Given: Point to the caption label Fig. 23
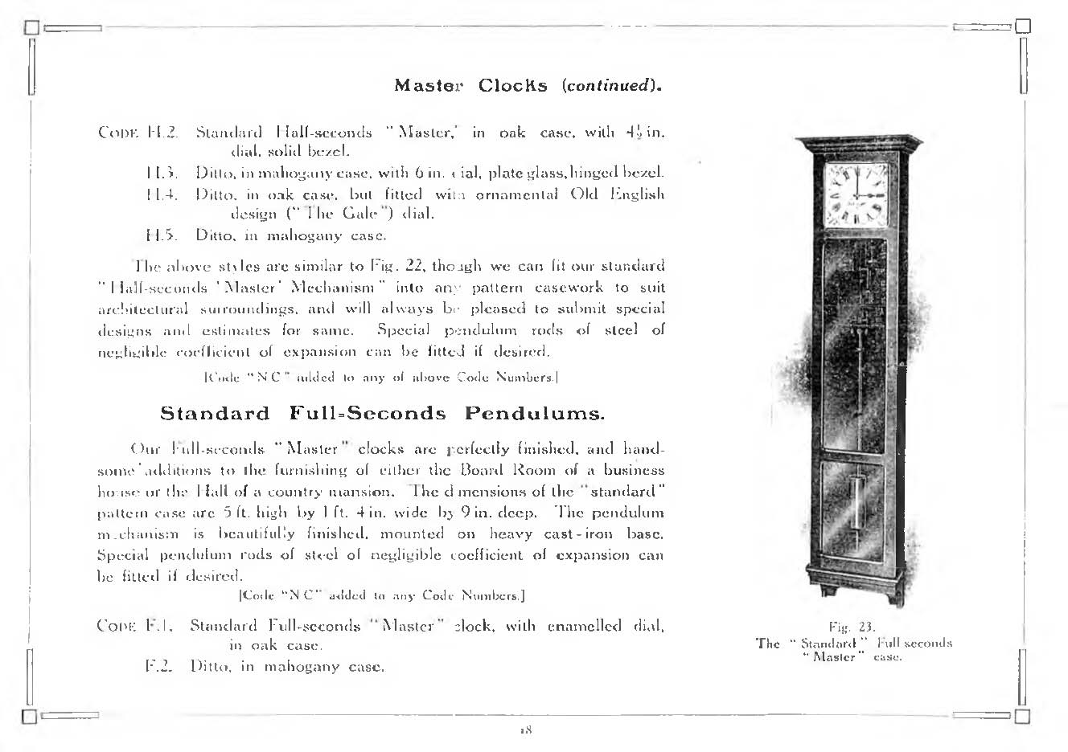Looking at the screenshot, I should pyautogui.click(x=852, y=627).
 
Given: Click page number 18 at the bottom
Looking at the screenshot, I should pyautogui.click(x=527, y=730).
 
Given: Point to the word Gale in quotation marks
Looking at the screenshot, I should pyautogui.click(x=345, y=215).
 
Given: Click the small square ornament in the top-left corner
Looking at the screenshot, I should pyautogui.click(x=31, y=27).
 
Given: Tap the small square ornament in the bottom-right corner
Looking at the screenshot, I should pyautogui.click(x=1022, y=715).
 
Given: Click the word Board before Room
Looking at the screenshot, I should pyautogui.click(x=486, y=470).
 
